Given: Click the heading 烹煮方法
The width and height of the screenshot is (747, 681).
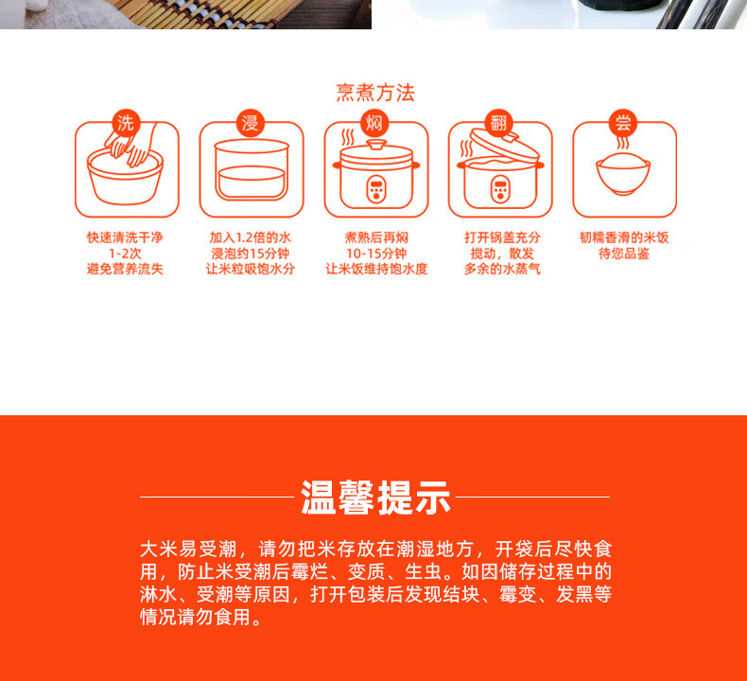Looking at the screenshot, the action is click(x=375, y=93).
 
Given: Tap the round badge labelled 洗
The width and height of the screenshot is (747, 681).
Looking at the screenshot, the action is click(x=126, y=123).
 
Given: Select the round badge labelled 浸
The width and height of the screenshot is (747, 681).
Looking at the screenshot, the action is click(x=251, y=123).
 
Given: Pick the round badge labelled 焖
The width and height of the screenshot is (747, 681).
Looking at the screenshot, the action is click(x=374, y=123).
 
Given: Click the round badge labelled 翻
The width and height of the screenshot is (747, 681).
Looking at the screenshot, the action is click(x=499, y=123).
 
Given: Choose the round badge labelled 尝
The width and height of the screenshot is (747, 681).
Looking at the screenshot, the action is click(x=623, y=123).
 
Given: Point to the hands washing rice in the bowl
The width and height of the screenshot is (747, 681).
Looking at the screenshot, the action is click(x=130, y=147).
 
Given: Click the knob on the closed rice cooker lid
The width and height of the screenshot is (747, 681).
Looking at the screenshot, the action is click(x=376, y=144).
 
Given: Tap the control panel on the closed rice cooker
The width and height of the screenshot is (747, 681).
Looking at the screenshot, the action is click(x=376, y=189).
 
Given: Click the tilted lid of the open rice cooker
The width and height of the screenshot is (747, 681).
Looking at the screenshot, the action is click(x=504, y=145).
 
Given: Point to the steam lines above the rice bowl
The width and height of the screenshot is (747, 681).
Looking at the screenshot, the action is click(x=622, y=143).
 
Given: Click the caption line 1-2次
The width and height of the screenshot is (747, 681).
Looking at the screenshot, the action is click(x=125, y=253).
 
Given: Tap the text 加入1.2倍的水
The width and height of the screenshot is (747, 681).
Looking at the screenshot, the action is click(x=251, y=237).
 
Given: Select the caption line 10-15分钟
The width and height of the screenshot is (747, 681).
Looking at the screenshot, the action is click(x=376, y=253).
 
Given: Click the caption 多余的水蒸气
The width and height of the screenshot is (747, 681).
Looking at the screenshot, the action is click(x=502, y=270).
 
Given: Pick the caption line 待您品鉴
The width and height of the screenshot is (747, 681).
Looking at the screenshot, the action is click(x=624, y=253).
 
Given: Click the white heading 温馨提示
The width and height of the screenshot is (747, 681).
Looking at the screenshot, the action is click(x=375, y=498).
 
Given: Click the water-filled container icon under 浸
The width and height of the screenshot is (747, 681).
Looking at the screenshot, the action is click(x=252, y=170).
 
